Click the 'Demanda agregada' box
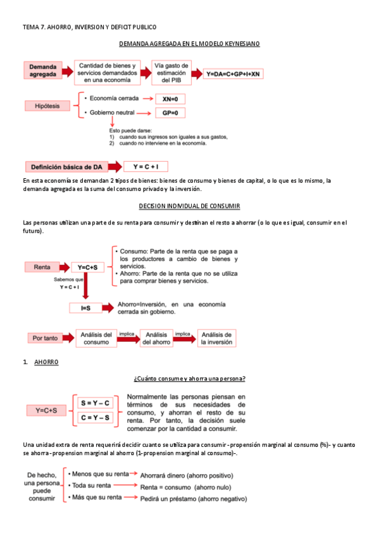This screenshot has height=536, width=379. (x=43, y=70)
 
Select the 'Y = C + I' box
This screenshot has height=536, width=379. (x=150, y=167)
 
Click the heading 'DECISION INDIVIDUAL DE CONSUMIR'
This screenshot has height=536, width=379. (x=189, y=207)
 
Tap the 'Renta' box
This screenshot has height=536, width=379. (x=42, y=267)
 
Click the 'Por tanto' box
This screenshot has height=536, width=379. (x=45, y=338)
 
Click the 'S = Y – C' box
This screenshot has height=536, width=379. (x=94, y=403)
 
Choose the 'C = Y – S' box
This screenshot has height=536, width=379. (x=94, y=417)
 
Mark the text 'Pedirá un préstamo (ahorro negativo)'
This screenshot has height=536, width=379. (x=193, y=498)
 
